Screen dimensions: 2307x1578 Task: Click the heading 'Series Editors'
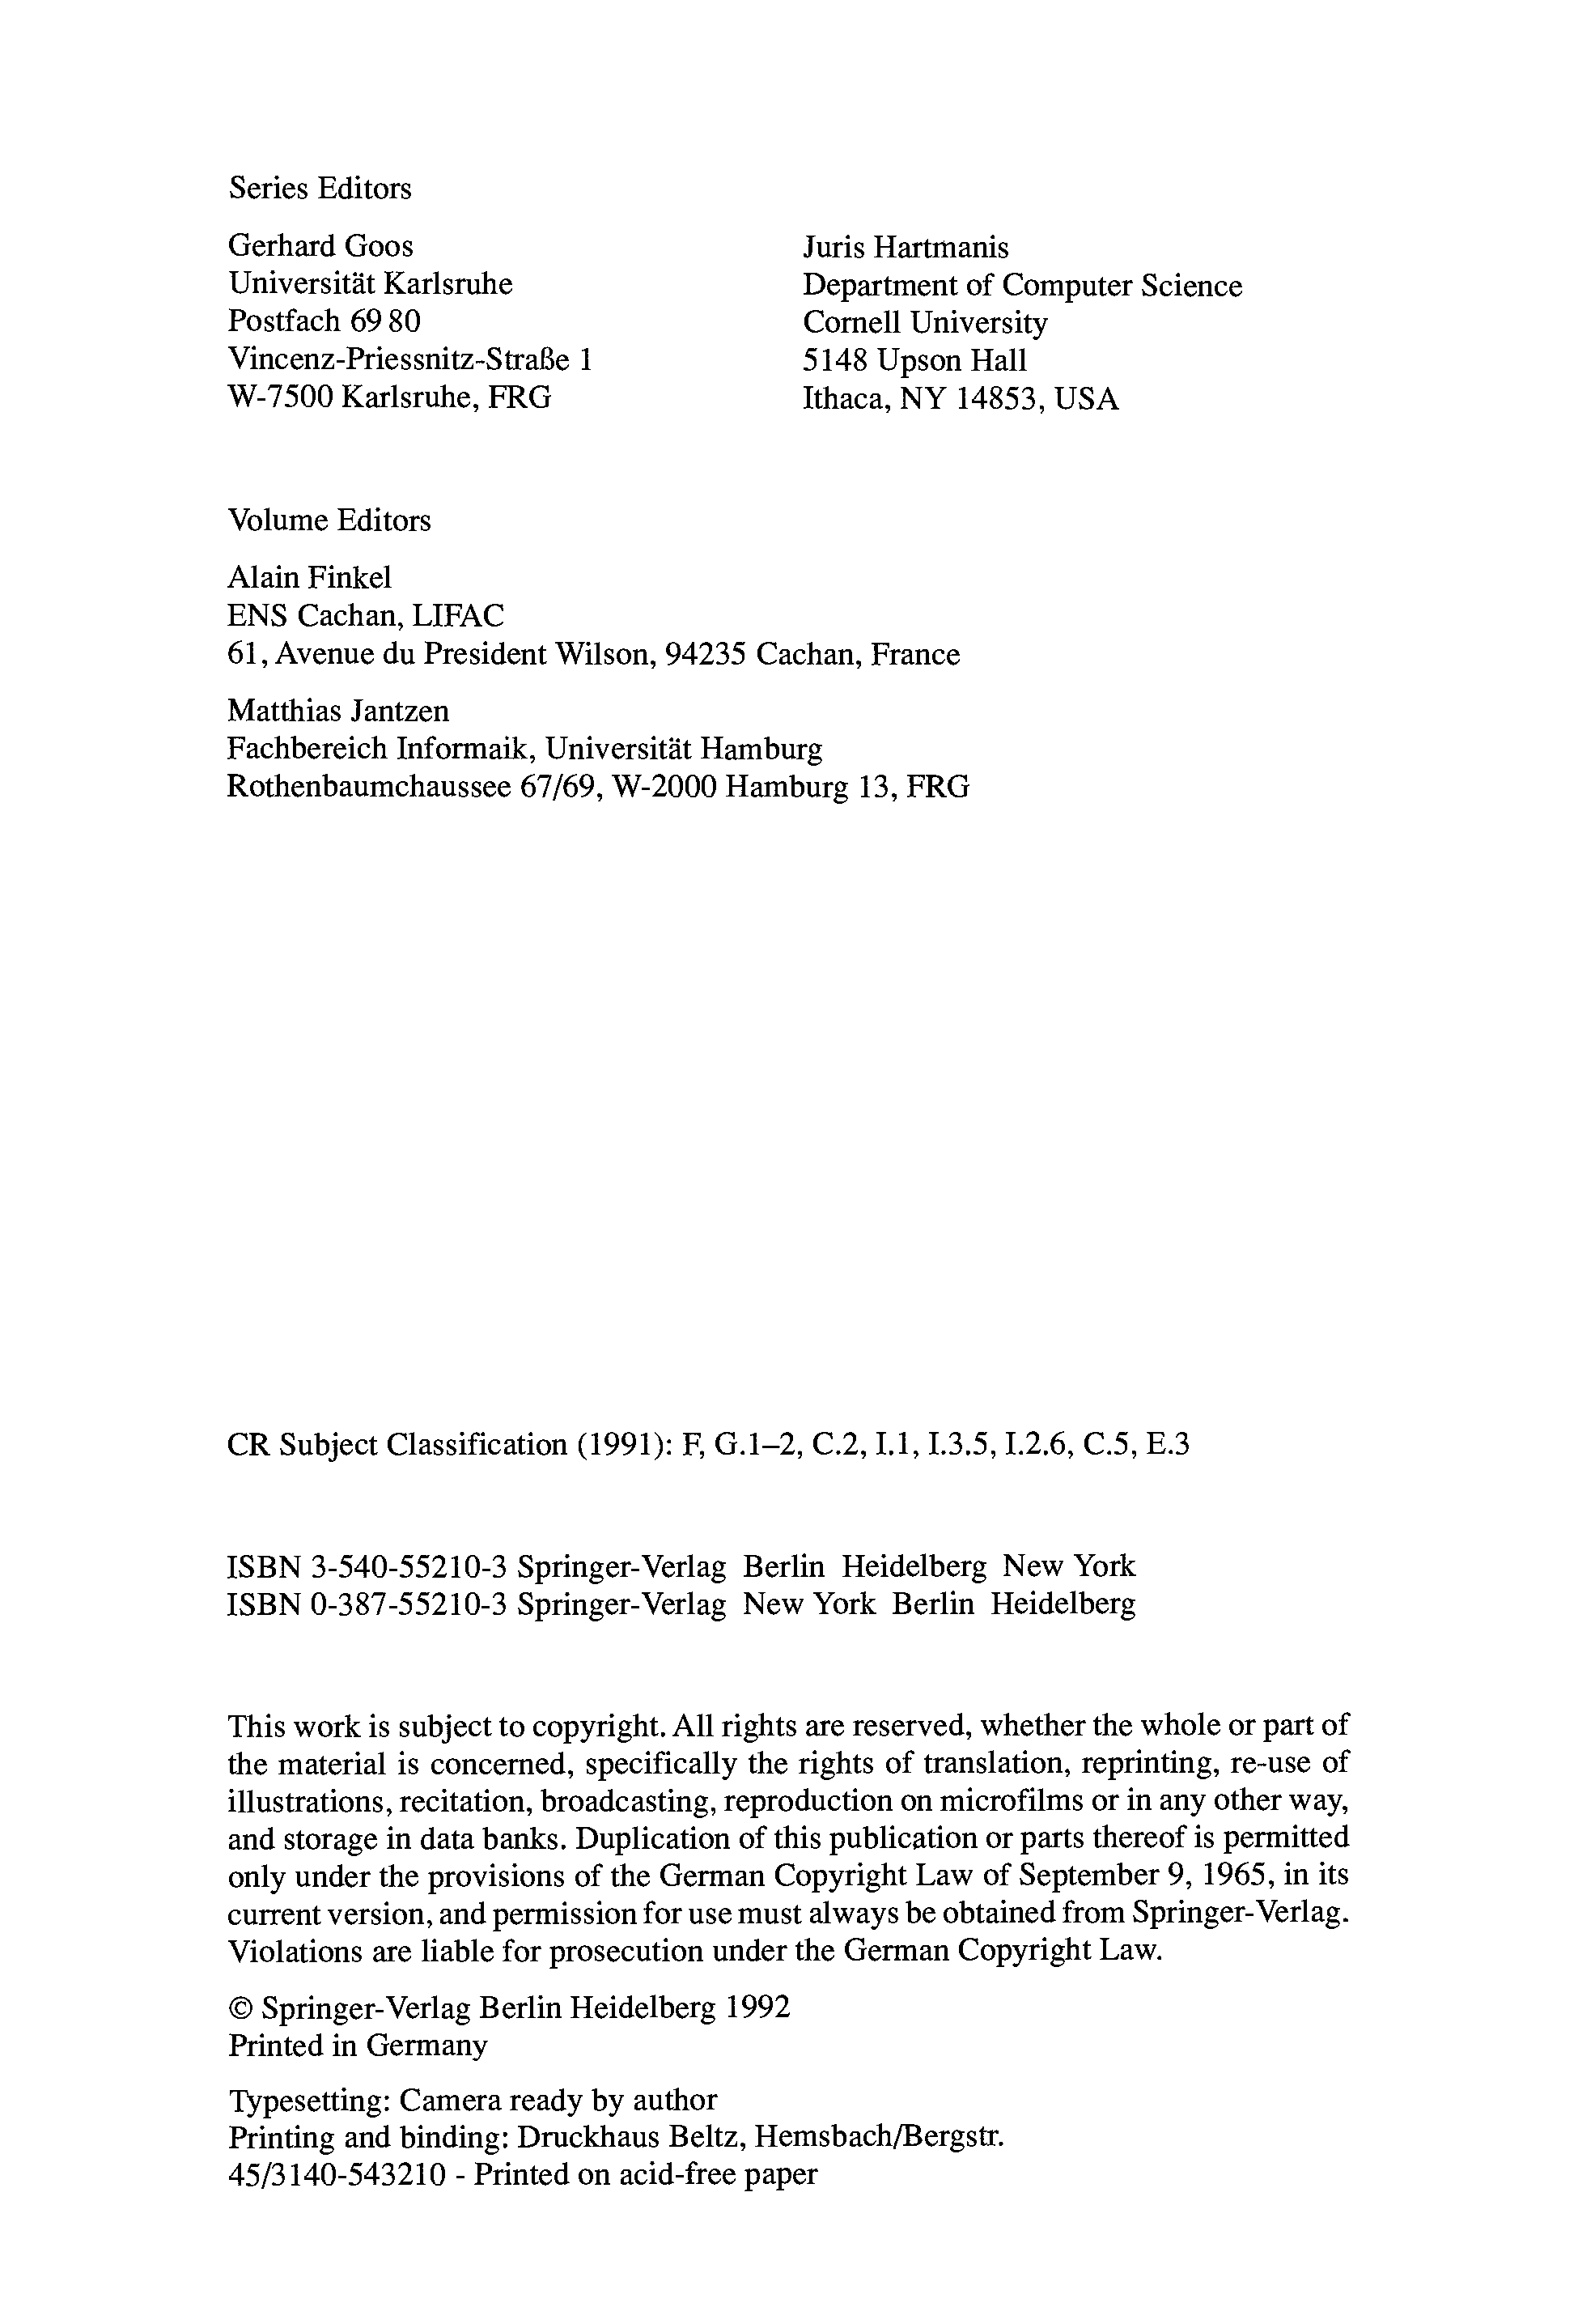pyautogui.click(x=320, y=189)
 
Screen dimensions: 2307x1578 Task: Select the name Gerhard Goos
pyautogui.click(x=320, y=245)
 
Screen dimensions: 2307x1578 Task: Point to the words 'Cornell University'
pyautogui.click(x=925, y=323)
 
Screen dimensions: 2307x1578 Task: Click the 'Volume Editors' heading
pyautogui.click(x=329, y=520)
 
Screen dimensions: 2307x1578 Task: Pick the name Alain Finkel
pyautogui.click(x=310, y=578)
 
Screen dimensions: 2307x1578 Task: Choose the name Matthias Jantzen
pyautogui.click(x=338, y=711)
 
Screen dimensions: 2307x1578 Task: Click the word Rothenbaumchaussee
pyautogui.click(x=368, y=787)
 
